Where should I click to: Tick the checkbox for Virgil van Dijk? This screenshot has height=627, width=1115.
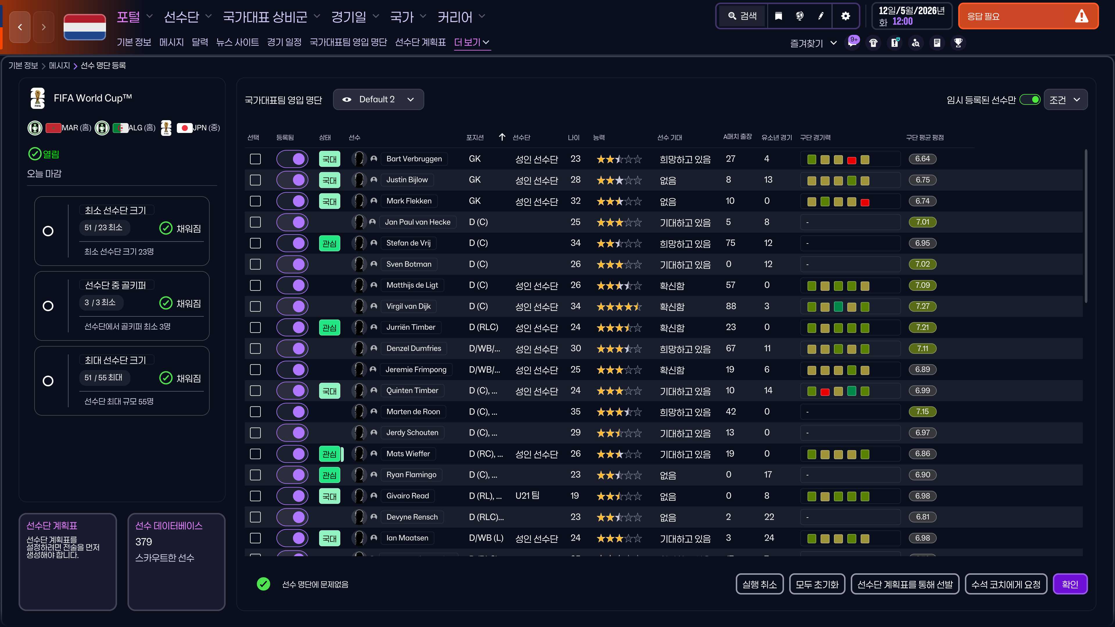[256, 306]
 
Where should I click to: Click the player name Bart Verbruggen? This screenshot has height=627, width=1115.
[414, 159]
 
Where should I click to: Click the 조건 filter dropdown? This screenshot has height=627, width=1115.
[1065, 100]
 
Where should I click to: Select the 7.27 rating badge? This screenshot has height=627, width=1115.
[922, 306]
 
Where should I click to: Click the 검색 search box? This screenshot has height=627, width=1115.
[743, 16]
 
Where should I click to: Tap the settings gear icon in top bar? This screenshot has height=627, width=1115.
[845, 16]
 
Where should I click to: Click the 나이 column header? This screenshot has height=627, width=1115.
[573, 138]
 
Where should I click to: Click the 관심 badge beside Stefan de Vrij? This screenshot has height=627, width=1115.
[329, 243]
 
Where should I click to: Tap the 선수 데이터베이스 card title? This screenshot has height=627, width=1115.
[169, 526]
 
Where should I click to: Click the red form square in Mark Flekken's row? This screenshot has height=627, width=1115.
[865, 202]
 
